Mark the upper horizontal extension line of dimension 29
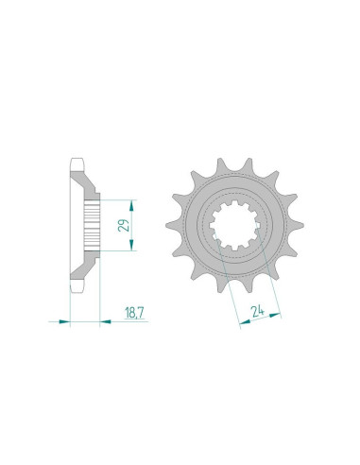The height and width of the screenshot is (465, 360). click(x=118, y=198)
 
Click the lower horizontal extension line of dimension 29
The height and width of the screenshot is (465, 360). click(x=118, y=251)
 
